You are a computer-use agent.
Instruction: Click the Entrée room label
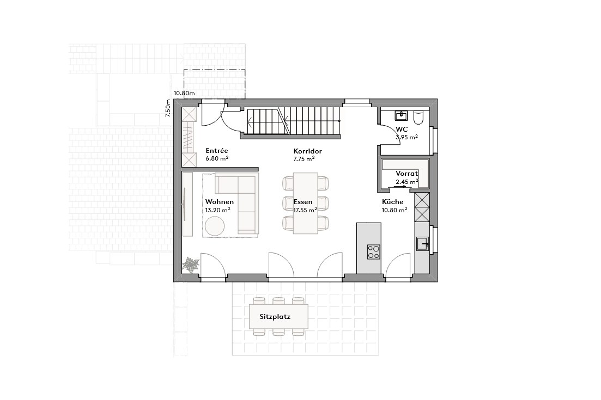tap(216, 150)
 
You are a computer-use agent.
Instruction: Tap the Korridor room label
tap(307, 151)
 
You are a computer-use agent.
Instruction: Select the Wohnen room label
tap(219, 201)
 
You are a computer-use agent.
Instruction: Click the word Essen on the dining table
tap(303, 201)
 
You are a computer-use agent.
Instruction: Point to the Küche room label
tap(392, 201)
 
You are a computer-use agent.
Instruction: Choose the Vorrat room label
tap(406, 174)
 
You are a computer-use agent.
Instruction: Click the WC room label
tap(402, 129)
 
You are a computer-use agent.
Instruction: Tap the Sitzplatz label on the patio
tap(275, 316)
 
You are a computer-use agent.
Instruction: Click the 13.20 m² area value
tap(217, 210)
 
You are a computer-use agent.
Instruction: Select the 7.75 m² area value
tap(304, 159)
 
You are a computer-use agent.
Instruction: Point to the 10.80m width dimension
tap(184, 93)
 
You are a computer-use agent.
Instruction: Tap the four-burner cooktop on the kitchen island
tap(374, 251)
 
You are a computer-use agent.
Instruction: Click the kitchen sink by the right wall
tap(422, 244)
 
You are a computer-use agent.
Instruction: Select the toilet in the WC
tap(419, 117)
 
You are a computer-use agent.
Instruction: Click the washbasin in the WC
tap(402, 114)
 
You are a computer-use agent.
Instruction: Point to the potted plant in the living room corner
tap(191, 265)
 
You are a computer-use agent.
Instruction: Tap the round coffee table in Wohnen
tap(216, 226)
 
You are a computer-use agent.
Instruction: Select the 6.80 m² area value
tap(216, 158)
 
